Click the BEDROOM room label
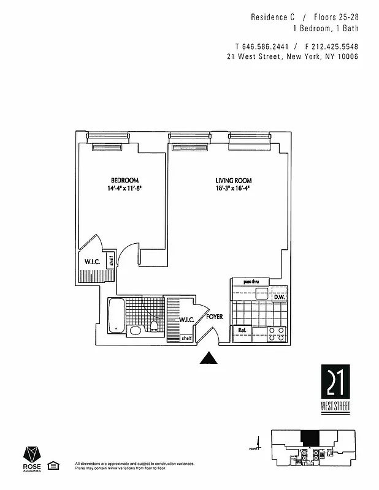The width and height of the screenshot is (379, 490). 121,180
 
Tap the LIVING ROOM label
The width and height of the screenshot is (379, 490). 233,180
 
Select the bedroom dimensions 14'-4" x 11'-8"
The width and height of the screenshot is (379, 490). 121,189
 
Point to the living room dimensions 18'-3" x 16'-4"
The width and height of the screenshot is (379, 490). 233,189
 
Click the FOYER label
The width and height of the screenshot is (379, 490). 214,317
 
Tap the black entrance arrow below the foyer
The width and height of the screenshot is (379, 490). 210,358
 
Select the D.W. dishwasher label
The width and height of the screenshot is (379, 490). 279,298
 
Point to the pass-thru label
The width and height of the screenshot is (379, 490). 252,282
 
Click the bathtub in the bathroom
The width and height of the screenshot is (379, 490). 117,315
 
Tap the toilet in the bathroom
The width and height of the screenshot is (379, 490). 155,325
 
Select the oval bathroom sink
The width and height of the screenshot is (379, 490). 136,330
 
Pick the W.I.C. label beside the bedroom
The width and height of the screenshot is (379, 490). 93,262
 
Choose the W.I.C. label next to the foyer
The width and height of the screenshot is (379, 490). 187,319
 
